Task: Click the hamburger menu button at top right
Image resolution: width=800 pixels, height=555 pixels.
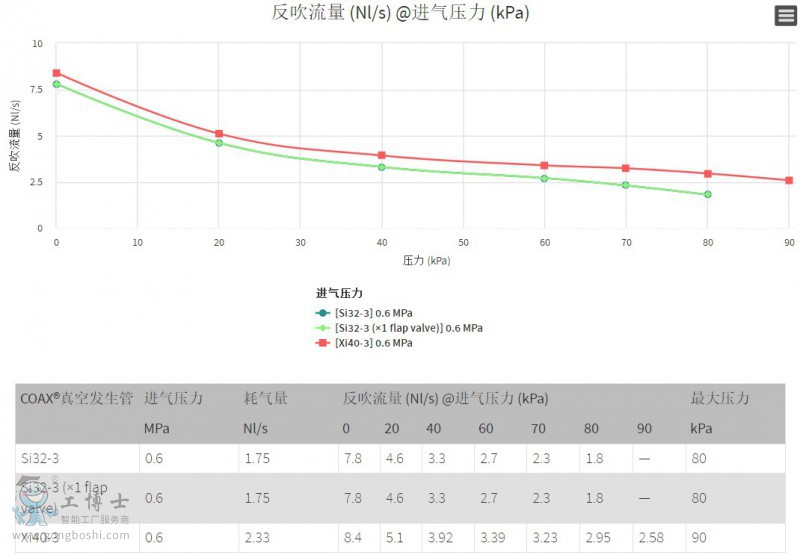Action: point(785,16)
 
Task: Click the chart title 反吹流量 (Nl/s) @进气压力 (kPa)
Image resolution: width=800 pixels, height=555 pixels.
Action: point(400,13)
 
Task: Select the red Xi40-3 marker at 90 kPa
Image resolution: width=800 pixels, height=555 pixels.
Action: point(789,180)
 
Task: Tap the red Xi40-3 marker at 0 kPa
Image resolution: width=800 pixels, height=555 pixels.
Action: point(57,73)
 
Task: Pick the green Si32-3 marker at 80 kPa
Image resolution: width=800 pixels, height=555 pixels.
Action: point(707,194)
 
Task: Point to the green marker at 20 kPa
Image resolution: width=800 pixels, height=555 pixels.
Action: point(219,143)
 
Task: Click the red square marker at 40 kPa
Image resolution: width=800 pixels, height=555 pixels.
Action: point(382,155)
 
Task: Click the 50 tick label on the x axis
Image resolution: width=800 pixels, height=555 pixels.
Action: point(463,242)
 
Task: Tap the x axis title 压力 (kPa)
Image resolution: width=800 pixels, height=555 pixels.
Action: point(425,260)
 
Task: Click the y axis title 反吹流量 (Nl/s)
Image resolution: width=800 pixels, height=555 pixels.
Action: point(15,135)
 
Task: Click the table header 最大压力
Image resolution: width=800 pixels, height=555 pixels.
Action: point(720,398)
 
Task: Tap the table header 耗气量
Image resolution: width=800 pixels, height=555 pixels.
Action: point(266,398)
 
